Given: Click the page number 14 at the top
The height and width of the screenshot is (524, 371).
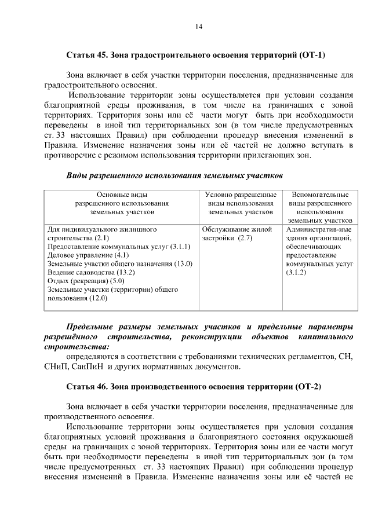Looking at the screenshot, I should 198,27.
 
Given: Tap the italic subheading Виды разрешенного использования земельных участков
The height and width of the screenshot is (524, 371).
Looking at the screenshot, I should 174,174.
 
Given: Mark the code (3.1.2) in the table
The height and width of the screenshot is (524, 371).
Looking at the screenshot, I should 296,272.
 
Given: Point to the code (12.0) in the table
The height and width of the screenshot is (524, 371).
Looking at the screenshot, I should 98,298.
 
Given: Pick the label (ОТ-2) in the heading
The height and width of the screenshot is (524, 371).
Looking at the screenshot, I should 308,386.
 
